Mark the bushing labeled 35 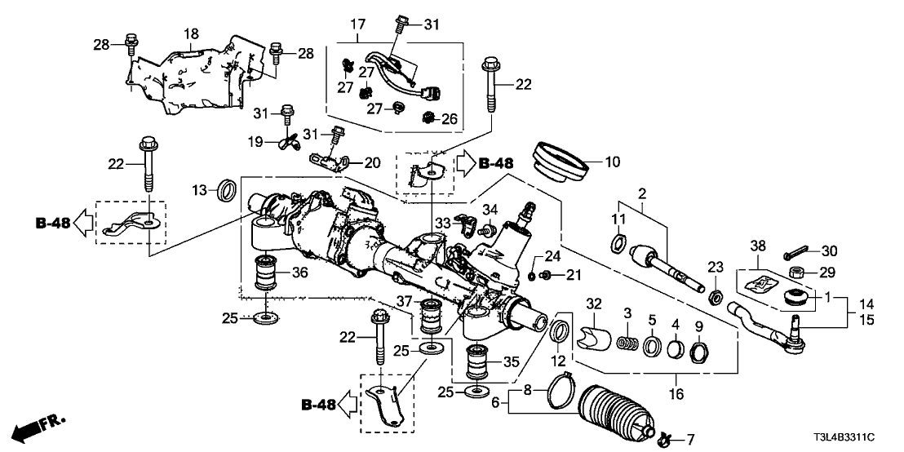click(480, 362)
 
